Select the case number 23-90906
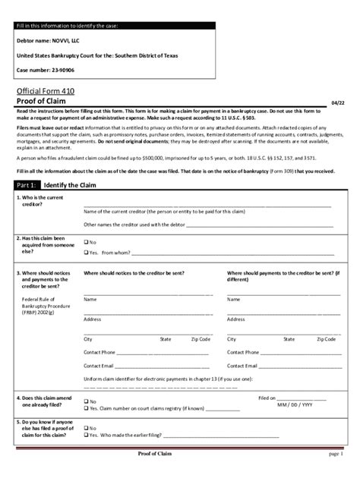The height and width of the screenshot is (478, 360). tap(61, 70)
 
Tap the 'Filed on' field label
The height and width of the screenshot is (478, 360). tap(267, 397)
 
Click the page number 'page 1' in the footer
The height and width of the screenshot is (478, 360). tap(337, 454)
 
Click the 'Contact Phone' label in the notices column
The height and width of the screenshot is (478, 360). tap(99, 352)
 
